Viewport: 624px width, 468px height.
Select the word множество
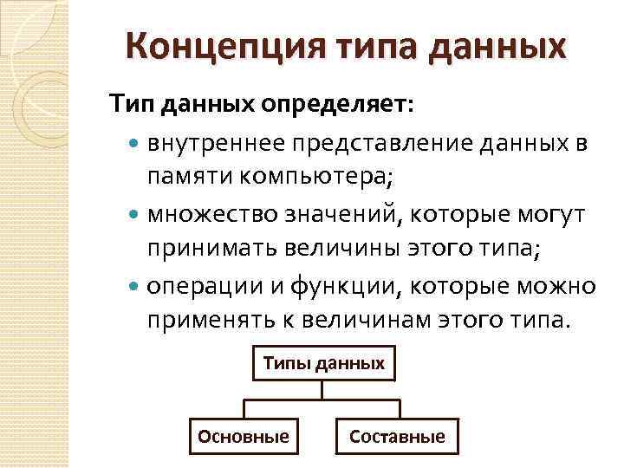pyautogui.click(x=204, y=214)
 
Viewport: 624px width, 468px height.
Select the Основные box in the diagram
pyautogui.click(x=244, y=437)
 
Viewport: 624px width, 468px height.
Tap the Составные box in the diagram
pyautogui.click(x=397, y=437)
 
